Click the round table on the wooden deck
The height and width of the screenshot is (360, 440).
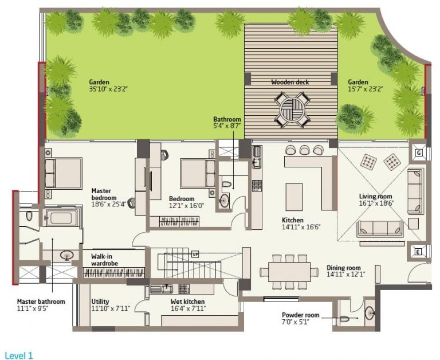coord(292,109)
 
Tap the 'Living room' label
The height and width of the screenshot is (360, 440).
coord(375,196)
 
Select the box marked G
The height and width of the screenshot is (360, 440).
coord(419,152)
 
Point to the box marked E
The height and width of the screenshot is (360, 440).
coord(418,252)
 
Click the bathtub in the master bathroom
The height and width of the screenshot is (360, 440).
coord(61,218)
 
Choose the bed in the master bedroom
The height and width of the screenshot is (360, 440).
coord(64,173)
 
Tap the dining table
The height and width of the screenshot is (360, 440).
coord(289,272)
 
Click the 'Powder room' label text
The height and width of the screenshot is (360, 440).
coord(301,315)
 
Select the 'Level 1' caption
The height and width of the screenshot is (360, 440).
coord(19,355)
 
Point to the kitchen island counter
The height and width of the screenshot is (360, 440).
coord(294,197)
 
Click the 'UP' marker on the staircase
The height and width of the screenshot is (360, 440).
coord(195,254)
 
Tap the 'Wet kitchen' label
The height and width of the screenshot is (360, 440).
coord(187,302)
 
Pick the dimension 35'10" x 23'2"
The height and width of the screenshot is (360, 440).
coord(108,89)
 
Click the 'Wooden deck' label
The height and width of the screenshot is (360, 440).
coord(290,82)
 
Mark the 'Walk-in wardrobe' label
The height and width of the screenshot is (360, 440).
coord(104,260)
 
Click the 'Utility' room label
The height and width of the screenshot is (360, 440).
coord(100,302)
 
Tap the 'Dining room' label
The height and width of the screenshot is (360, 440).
coord(344,268)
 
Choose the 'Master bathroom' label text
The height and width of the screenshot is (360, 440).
coord(41,302)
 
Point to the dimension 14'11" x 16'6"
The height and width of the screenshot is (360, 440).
coord(301,227)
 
